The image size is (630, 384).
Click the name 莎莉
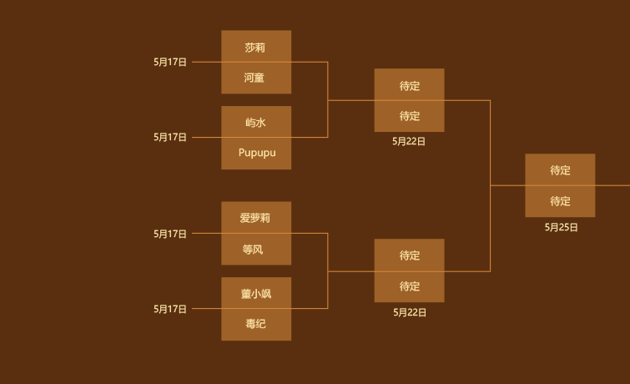pos(255,47)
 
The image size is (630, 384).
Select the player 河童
pos(255,78)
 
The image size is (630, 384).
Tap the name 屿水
pos(255,122)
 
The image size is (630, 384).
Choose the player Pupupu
pos(256,153)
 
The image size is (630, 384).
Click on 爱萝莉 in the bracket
pos(255,218)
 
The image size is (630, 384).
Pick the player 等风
pos(255,249)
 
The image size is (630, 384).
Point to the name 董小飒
pos(256,293)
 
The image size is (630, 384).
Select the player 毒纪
pos(255,324)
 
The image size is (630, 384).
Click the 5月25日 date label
pos(561,227)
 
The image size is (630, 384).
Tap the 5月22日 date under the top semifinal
pos(409,142)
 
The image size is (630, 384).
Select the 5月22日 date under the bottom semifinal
pos(410,312)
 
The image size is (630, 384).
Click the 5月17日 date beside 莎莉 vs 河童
pos(170,62)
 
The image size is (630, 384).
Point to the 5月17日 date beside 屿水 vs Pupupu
pos(170,137)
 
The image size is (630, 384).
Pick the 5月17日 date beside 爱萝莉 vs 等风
pos(170,234)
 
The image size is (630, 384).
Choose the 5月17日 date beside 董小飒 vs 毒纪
pos(170,309)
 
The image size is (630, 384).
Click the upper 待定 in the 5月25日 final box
pos(560,170)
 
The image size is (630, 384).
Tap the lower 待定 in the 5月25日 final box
pos(560,201)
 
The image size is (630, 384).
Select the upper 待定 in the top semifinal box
pos(409,85)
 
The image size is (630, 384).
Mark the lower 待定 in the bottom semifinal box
pos(409,286)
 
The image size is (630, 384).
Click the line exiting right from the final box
pos(613,185)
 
